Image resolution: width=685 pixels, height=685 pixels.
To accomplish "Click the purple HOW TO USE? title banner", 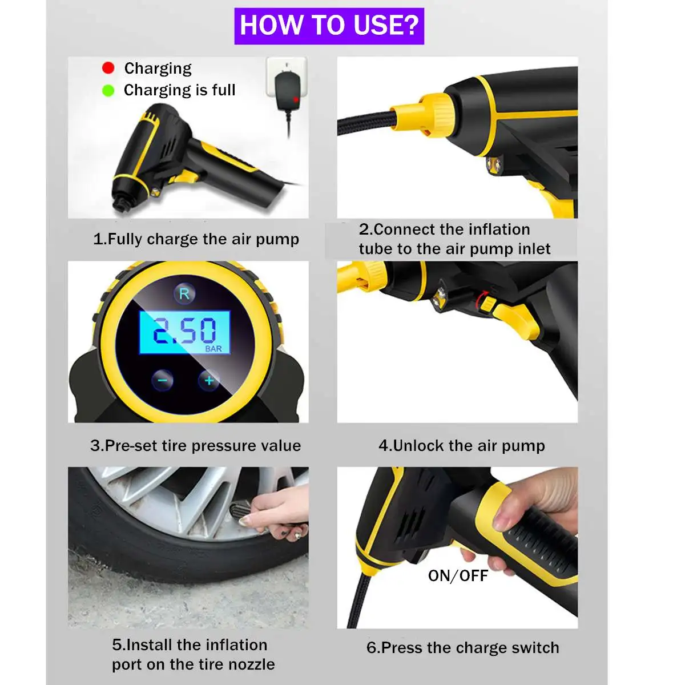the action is click(329, 26).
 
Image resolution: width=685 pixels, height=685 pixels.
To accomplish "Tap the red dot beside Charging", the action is click(108, 67).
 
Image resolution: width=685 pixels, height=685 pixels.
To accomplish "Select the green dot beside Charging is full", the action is click(108, 90).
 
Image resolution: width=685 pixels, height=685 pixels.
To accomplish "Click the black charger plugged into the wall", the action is click(288, 91).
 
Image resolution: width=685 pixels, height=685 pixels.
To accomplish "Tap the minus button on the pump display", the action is click(163, 380).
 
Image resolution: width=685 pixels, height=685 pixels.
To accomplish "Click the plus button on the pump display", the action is click(209, 380).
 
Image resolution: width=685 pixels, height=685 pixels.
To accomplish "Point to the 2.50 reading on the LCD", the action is click(184, 331).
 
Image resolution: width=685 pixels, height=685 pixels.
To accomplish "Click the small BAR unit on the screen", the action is click(213, 349).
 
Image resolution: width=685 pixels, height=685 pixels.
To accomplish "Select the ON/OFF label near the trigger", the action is click(458, 576).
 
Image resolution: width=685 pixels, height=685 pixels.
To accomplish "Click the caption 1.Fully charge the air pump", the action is click(196, 239).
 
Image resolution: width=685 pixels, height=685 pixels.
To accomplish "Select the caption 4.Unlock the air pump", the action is click(462, 445).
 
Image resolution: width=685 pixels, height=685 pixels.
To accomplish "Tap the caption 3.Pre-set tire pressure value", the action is click(196, 445).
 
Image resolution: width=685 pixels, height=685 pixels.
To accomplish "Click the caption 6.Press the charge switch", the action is click(463, 648).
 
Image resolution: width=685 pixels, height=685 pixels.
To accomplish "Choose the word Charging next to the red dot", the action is click(158, 68).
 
